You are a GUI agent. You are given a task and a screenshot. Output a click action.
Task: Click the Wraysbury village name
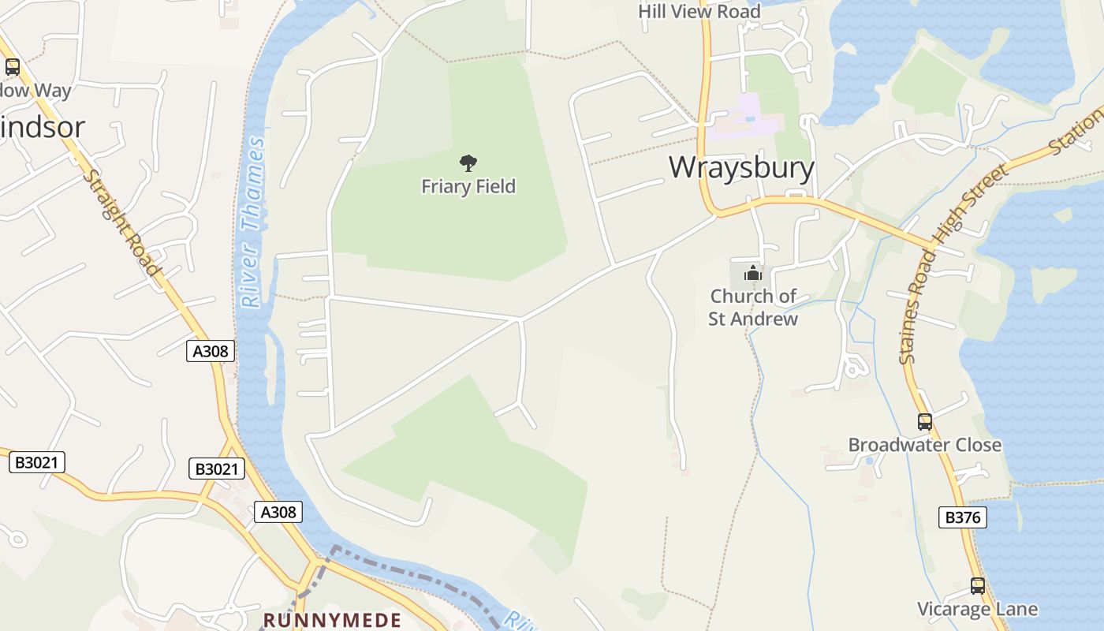(741, 167)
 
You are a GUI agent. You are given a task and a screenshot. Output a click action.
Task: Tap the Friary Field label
(468, 186)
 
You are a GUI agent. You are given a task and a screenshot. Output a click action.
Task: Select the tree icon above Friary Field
(468, 163)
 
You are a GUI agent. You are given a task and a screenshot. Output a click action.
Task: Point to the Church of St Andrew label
(753, 308)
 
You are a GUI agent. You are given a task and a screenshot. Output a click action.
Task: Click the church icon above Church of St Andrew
(753, 274)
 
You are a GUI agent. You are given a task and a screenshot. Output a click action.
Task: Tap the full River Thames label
(253, 222)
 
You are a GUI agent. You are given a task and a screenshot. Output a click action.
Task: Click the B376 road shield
(963, 517)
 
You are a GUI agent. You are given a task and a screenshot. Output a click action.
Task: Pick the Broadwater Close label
(924, 445)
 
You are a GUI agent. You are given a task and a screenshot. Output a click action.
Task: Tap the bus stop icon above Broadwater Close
(924, 421)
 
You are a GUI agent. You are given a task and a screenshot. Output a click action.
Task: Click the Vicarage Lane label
(977, 609)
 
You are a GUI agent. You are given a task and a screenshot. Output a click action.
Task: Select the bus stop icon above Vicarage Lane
(978, 586)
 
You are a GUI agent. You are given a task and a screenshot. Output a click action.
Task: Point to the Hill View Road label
(699, 11)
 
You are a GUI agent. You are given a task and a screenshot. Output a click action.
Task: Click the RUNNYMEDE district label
(332, 620)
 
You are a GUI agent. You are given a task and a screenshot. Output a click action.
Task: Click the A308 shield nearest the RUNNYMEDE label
(279, 512)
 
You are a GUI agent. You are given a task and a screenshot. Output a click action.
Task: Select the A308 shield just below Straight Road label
(211, 351)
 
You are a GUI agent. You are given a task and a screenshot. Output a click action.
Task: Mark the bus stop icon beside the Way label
(12, 67)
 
